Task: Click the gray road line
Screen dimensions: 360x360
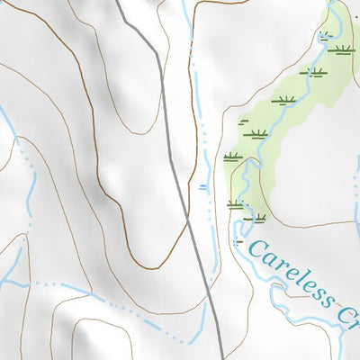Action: pos(171,144)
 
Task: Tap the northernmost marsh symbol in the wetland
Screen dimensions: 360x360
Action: pos(325,35)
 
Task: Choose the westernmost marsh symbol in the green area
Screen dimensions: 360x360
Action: pos(233,157)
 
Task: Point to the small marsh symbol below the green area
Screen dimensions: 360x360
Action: pos(238,240)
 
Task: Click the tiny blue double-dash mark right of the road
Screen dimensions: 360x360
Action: pos(203,186)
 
